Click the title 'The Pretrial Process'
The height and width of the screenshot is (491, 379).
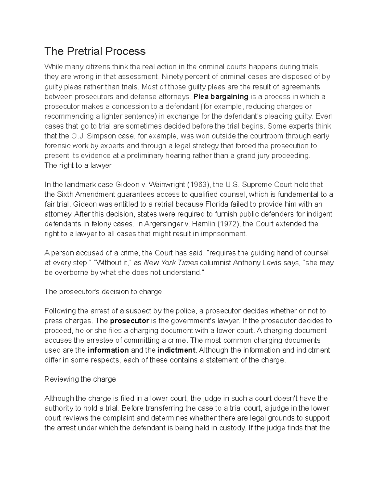(x=95, y=51)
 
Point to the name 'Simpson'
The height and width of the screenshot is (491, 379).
(x=99, y=136)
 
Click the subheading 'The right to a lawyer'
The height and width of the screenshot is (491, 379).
(x=78, y=165)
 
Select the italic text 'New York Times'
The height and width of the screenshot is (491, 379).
(x=171, y=263)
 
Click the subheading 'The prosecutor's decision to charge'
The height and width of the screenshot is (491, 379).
(x=103, y=292)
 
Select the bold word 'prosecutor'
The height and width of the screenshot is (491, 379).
(x=129, y=321)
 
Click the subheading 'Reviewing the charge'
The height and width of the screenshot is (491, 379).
(x=80, y=379)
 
